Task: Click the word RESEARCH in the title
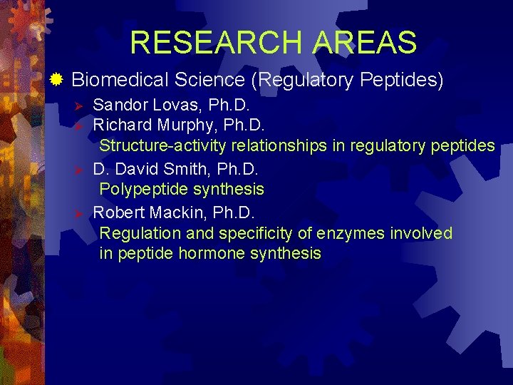coord(214,43)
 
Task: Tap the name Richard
coord(122,126)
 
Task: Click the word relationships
coord(277,146)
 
